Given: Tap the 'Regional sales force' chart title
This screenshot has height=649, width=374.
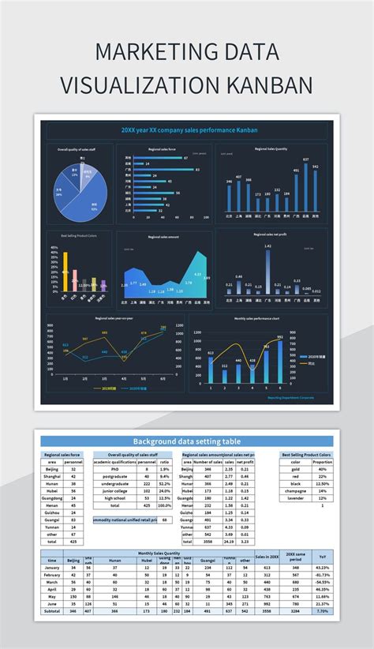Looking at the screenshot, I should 161,148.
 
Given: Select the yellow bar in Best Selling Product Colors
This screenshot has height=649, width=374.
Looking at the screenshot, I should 65,273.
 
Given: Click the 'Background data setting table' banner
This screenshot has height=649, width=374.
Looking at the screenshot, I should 186,441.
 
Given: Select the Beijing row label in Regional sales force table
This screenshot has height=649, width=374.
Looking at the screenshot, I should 52,469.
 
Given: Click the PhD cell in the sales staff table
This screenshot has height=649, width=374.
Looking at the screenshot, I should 115,469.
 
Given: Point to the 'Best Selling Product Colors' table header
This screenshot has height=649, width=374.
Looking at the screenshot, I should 306,455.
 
